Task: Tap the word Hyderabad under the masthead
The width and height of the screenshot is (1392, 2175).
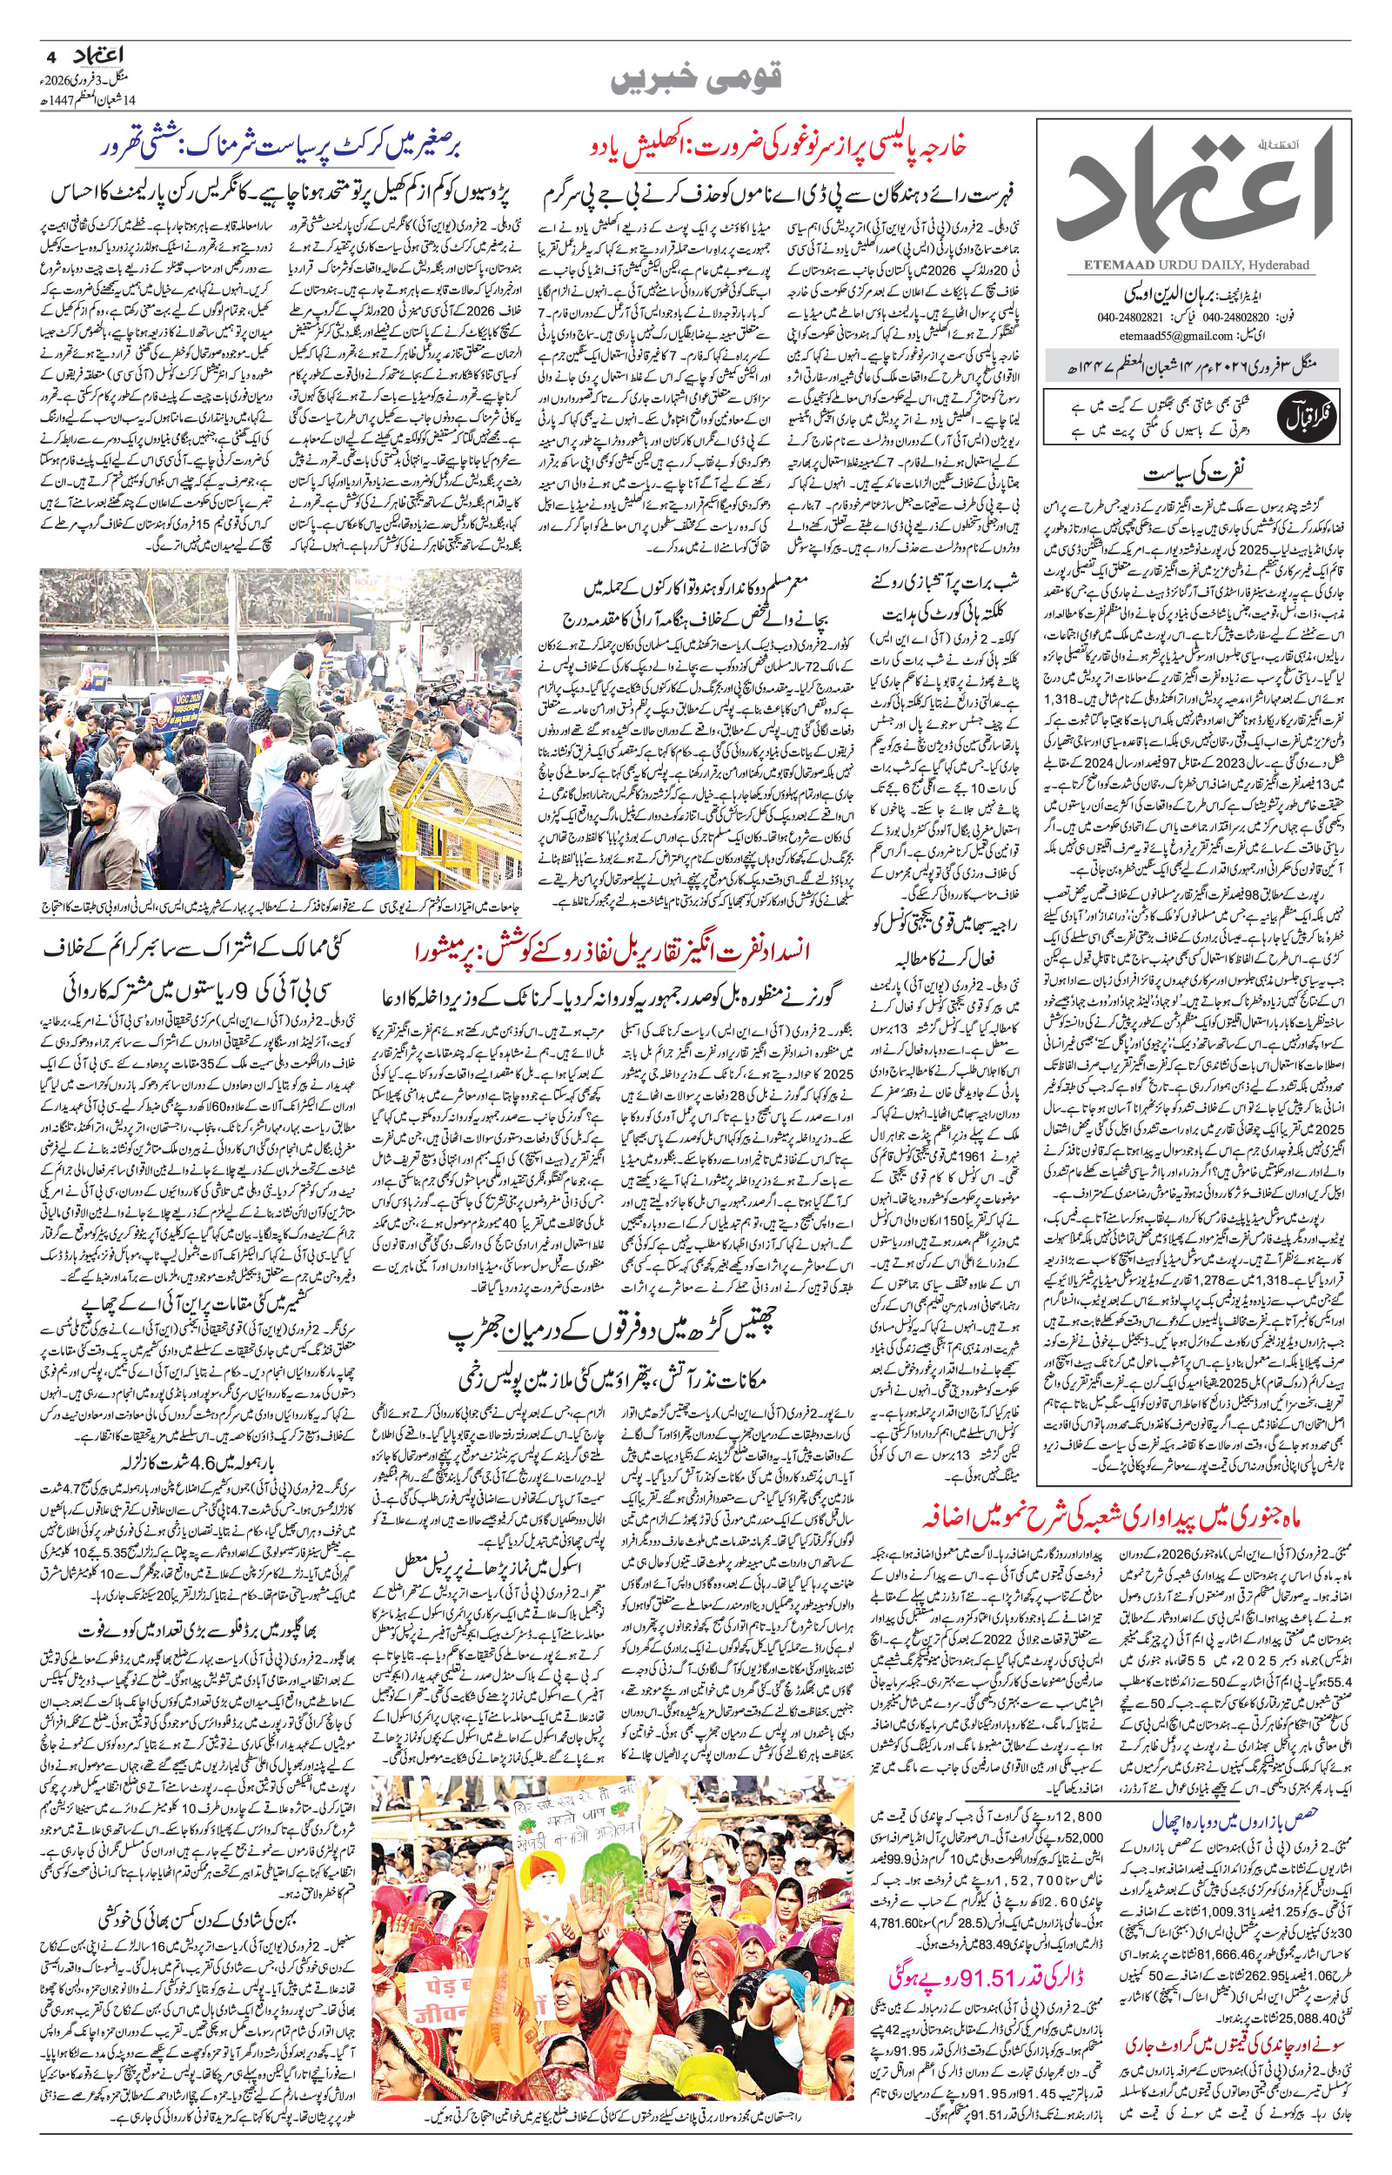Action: [x=1280, y=265]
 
